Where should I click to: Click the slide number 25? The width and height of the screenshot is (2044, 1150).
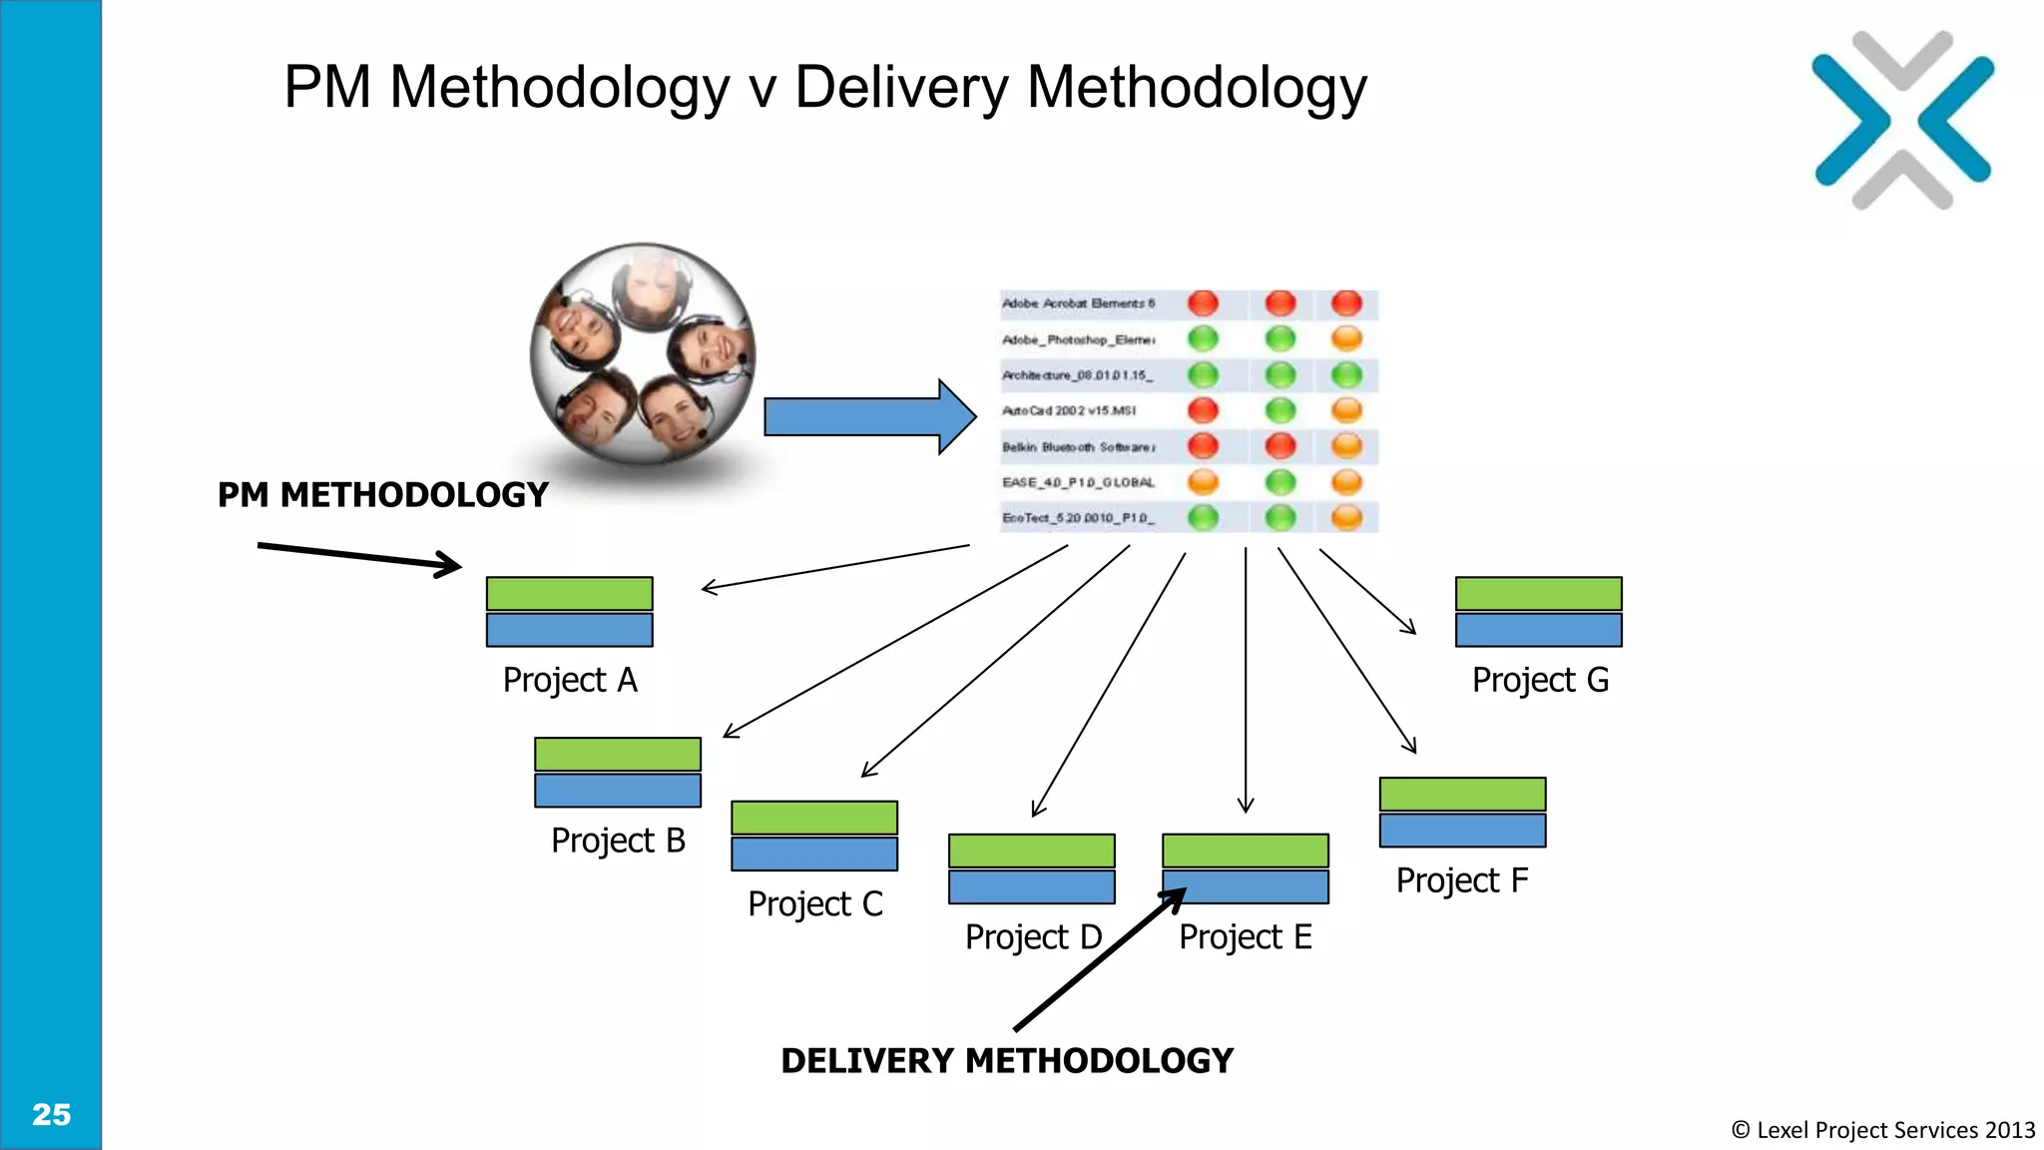click(x=51, y=1114)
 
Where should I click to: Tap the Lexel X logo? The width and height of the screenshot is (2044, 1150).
click(x=1902, y=121)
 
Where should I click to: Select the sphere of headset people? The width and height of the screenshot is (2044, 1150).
click(x=643, y=354)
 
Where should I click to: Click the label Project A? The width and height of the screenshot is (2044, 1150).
click(x=569, y=680)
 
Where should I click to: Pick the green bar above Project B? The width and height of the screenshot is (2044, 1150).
click(x=617, y=754)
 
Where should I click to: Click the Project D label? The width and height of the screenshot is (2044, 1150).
click(x=1033, y=937)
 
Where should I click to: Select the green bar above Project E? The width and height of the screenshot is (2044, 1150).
click(x=1245, y=851)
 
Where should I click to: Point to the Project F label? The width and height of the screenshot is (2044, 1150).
click(x=1461, y=880)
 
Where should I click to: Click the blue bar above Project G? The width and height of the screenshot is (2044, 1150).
click(x=1538, y=630)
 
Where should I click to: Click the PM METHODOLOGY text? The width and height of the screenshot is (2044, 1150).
click(x=383, y=495)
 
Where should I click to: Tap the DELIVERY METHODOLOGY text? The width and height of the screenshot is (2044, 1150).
click(x=1006, y=1060)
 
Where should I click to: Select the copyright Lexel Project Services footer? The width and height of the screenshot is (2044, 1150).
click(x=1882, y=1130)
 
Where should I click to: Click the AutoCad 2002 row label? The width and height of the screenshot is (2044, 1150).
click(x=1068, y=411)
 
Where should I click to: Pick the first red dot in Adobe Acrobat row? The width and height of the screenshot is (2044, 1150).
click(x=1203, y=303)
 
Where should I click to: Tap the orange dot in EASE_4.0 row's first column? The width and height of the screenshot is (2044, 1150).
click(x=1203, y=482)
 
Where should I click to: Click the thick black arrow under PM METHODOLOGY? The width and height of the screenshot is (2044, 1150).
click(x=359, y=556)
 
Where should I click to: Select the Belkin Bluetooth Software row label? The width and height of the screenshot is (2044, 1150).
click(x=1078, y=447)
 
